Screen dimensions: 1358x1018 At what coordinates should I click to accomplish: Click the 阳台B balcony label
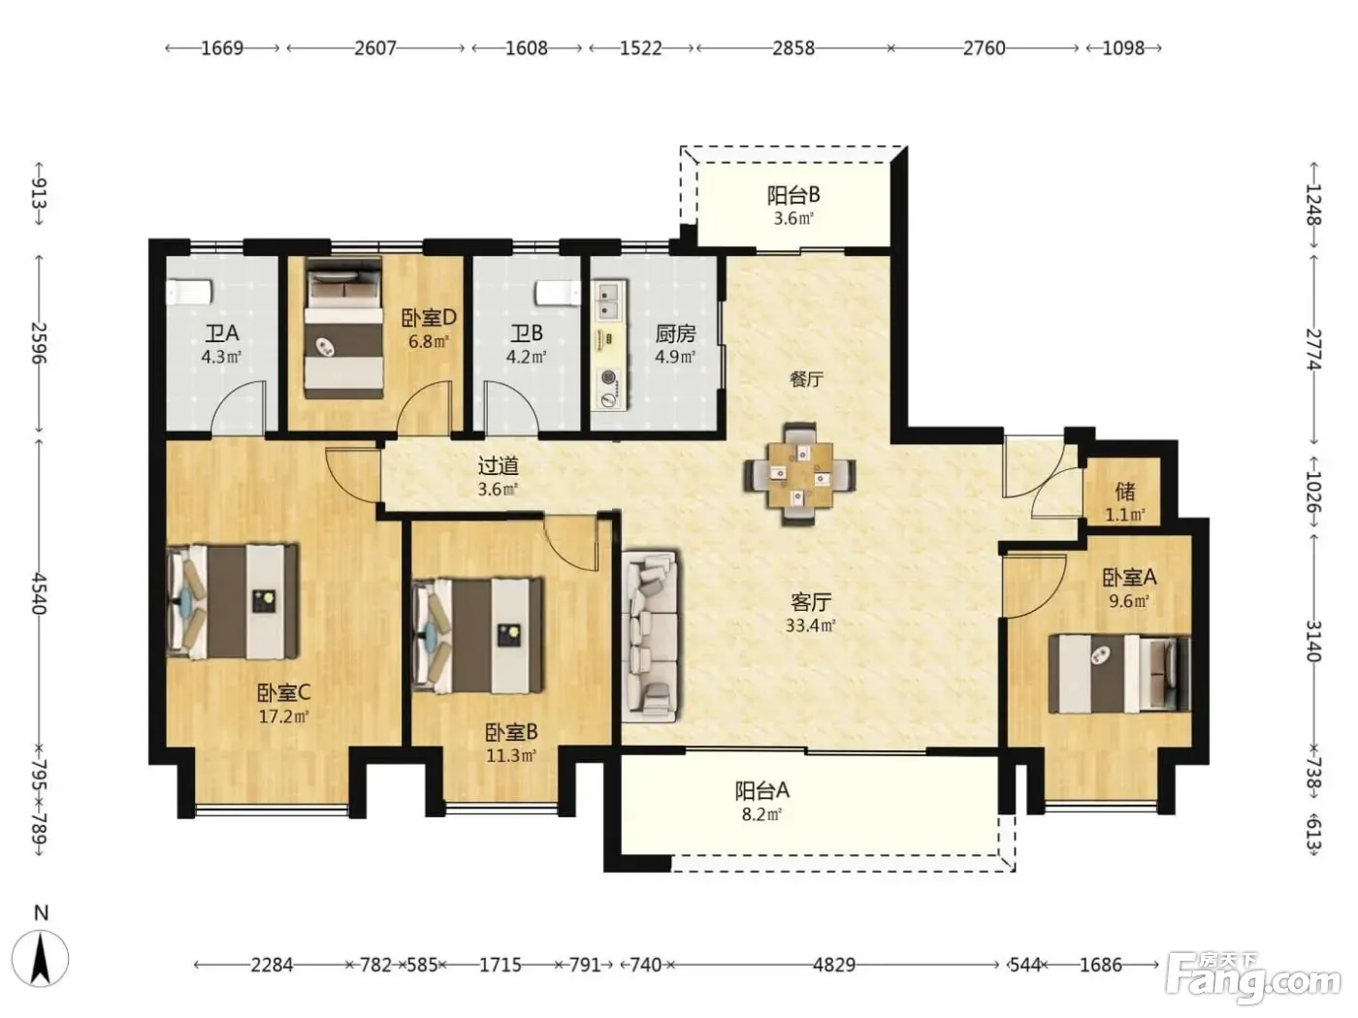pyautogui.click(x=793, y=195)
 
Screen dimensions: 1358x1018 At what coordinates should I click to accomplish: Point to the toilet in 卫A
pyautogui.click(x=190, y=293)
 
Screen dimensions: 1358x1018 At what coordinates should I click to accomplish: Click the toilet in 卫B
pyautogui.click(x=558, y=294)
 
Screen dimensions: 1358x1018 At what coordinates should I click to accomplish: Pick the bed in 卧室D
pyautogui.click(x=344, y=329)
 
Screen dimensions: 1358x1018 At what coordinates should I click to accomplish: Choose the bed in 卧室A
pyautogui.click(x=1119, y=674)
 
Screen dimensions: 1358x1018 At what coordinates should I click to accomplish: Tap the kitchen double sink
pyautogui.click(x=610, y=301)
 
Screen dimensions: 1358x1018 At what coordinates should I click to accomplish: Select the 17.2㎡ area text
pyautogui.click(x=283, y=717)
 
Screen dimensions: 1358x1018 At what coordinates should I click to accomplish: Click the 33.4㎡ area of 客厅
pyautogui.click(x=811, y=625)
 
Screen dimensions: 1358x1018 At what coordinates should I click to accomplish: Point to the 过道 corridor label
pyautogui.click(x=498, y=466)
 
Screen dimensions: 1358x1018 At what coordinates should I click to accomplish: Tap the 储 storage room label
pyautogui.click(x=1125, y=492)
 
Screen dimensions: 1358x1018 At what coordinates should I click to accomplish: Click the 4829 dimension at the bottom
pyautogui.click(x=834, y=965)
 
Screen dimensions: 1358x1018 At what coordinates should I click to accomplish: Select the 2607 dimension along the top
pyautogui.click(x=375, y=48)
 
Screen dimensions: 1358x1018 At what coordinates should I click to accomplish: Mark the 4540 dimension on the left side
pyautogui.click(x=39, y=593)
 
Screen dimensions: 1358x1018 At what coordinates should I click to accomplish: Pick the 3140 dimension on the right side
pyautogui.click(x=1314, y=641)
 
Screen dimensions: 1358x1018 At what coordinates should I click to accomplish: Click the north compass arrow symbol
pyautogui.click(x=41, y=959)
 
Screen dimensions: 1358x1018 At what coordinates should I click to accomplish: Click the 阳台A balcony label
pyautogui.click(x=761, y=790)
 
